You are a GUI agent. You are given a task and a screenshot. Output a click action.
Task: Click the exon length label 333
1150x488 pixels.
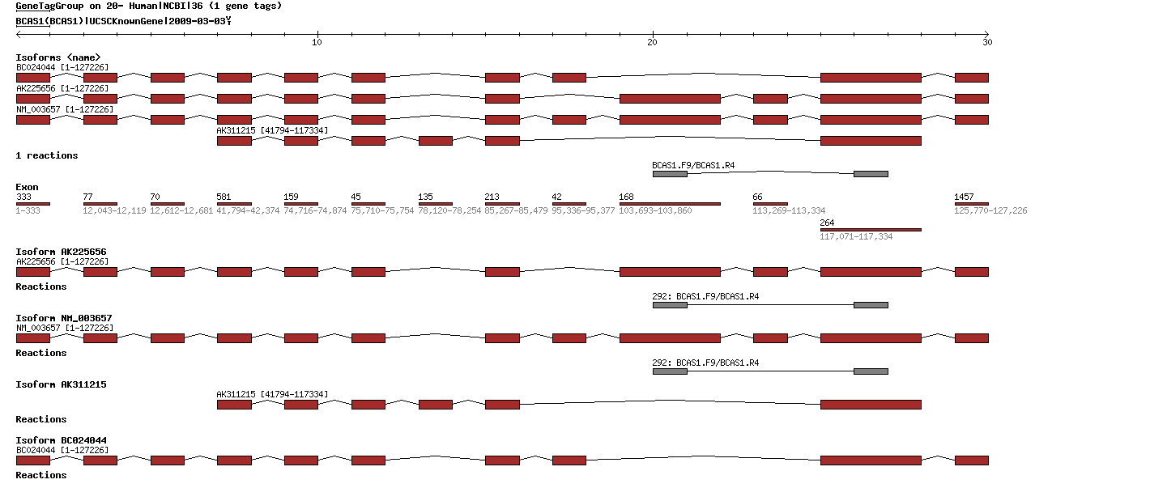click(23, 197)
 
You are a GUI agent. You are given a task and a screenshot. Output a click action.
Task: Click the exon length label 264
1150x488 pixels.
click(828, 223)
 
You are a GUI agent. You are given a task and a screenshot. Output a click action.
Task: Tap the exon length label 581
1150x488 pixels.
click(224, 197)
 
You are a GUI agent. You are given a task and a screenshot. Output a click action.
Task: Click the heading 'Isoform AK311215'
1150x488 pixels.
click(61, 384)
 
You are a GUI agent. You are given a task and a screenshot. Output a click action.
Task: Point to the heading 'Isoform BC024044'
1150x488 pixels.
click(61, 440)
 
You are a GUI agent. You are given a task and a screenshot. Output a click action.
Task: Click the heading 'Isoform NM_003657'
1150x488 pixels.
click(63, 318)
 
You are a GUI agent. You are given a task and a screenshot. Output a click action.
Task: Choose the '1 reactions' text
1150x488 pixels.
click(47, 155)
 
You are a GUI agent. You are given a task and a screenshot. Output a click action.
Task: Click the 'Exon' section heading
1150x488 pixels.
click(27, 187)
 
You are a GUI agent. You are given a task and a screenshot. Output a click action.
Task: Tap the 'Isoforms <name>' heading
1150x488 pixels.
click(58, 57)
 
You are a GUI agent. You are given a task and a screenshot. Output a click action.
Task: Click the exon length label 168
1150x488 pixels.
click(627, 197)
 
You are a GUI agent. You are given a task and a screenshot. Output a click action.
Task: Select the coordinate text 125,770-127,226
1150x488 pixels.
click(990, 210)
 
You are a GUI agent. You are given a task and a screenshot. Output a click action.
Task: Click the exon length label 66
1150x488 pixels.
click(757, 197)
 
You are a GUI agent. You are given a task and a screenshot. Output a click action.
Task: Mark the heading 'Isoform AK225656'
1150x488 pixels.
click(61, 252)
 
